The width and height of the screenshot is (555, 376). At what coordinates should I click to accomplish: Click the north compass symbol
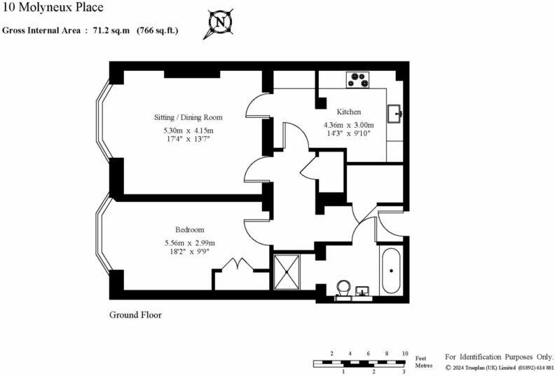[220, 23]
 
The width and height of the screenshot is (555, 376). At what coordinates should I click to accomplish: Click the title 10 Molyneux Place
[53, 8]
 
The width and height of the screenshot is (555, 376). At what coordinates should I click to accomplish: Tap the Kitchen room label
[348, 112]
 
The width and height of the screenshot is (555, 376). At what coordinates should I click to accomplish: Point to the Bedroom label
[189, 230]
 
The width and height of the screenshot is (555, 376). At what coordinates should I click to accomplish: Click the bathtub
[391, 270]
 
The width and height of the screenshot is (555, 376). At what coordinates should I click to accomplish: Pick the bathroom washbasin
[363, 291]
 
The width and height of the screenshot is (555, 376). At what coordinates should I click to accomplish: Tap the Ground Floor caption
[135, 315]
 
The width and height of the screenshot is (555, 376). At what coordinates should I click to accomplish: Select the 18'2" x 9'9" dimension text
[189, 252]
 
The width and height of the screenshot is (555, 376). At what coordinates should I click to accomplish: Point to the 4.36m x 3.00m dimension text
[349, 126]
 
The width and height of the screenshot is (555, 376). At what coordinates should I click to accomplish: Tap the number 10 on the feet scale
[404, 354]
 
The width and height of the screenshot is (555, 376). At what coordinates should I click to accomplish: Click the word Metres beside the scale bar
[424, 366]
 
